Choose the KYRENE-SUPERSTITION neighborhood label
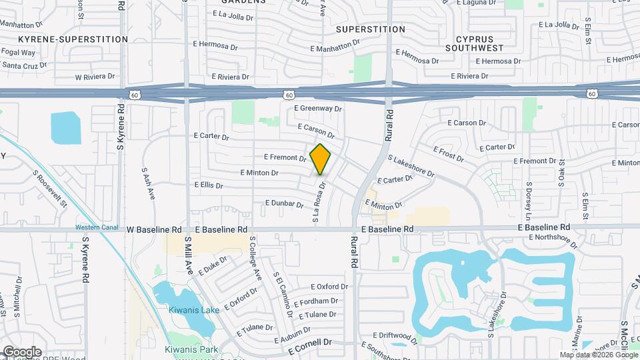coord(73,39)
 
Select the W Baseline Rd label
coord(155,229)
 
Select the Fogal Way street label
coord(19,52)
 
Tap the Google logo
coord(22,351)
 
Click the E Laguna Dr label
coord(476,3)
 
